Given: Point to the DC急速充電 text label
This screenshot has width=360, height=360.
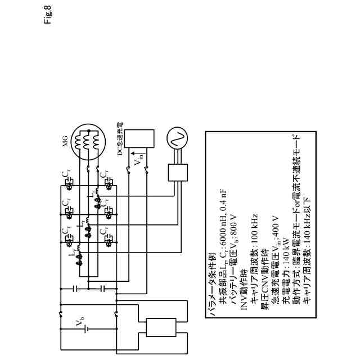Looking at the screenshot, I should pyautogui.click(x=120, y=138).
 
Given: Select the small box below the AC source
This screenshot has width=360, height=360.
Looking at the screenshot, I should pyautogui.click(x=175, y=172).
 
